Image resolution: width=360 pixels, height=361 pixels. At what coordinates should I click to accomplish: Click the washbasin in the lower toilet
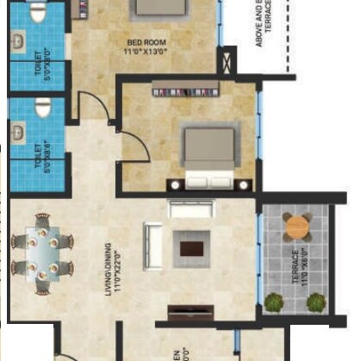click(16, 133)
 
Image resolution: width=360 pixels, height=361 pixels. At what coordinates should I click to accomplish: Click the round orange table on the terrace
click(296, 227)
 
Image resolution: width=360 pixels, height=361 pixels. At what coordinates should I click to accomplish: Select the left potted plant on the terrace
click(275, 302)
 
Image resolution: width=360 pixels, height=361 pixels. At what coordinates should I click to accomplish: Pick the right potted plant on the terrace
click(315, 302)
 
